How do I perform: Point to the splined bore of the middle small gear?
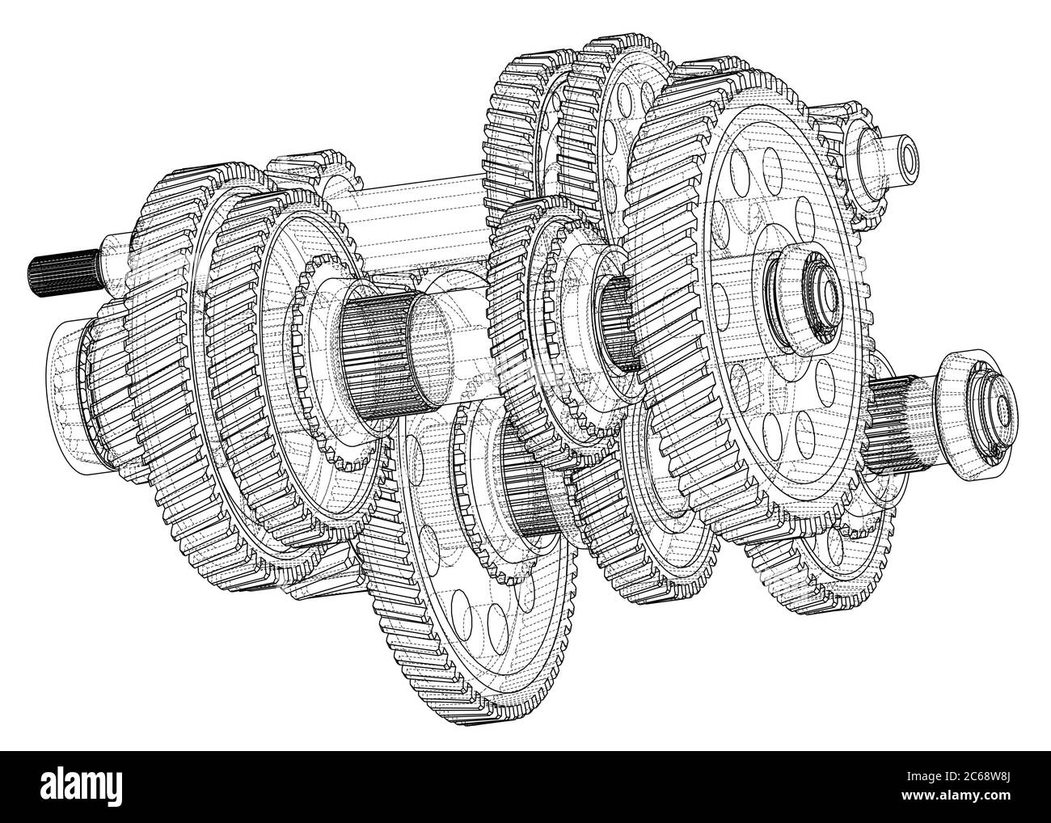point(618,323)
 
